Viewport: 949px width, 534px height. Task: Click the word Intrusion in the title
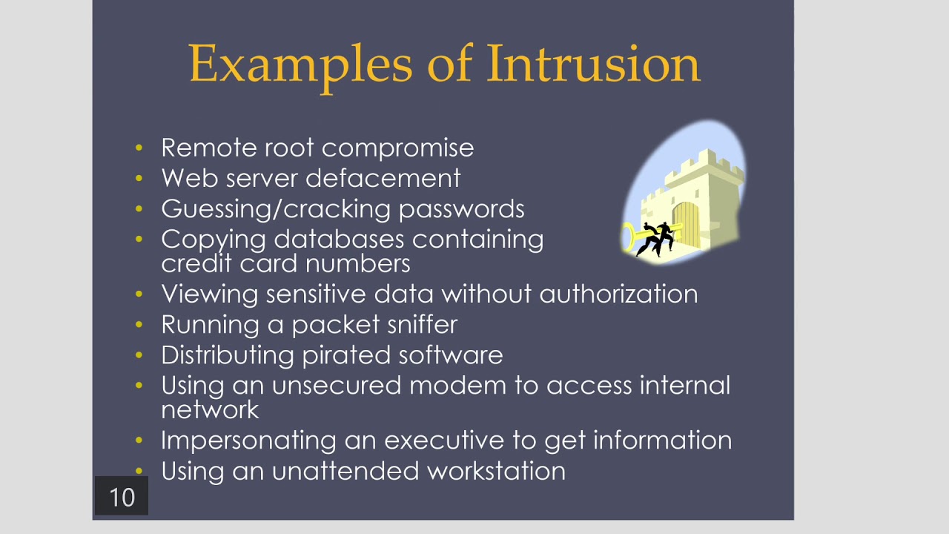pyautogui.click(x=593, y=64)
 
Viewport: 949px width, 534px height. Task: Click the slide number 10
pyautogui.click(x=122, y=497)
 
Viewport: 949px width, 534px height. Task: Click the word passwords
pyautogui.click(x=461, y=209)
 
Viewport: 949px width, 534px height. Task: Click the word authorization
pyautogui.click(x=618, y=294)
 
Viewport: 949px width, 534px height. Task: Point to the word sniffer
pyautogui.click(x=423, y=325)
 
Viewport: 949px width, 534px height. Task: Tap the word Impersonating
pyautogui.click(x=249, y=441)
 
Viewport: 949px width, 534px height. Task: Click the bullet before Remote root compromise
pyautogui.click(x=139, y=148)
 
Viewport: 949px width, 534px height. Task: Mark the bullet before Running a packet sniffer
pyautogui.click(x=139, y=324)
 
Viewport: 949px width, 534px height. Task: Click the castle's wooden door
pyautogui.click(x=686, y=222)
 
